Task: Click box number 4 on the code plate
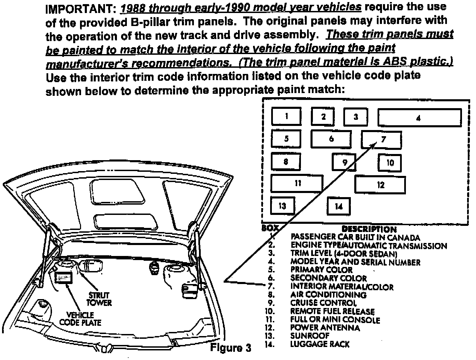419,118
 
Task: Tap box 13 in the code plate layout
282,206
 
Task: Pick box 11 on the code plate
297,183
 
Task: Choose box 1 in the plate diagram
287,116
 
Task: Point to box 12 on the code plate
380,185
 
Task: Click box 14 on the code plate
339,206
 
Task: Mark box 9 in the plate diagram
344,162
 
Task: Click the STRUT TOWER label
99,299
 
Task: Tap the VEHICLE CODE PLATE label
80,319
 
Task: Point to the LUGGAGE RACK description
320,344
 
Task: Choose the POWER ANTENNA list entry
325,328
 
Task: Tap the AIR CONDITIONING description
328,295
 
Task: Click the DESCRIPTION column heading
369,229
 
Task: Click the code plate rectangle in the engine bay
64,278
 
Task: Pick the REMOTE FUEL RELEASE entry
332,311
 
